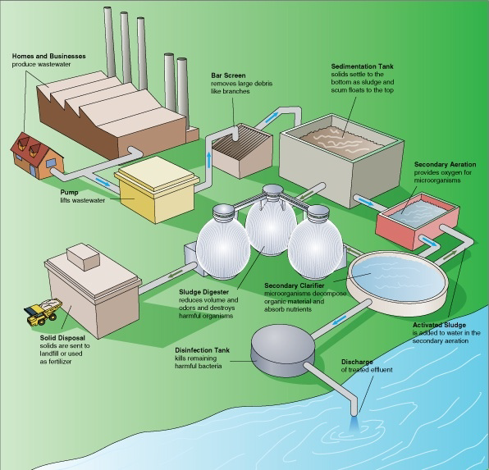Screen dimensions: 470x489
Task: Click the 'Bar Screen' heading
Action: (x=229, y=75)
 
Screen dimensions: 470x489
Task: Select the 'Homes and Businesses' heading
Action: (x=48, y=55)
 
